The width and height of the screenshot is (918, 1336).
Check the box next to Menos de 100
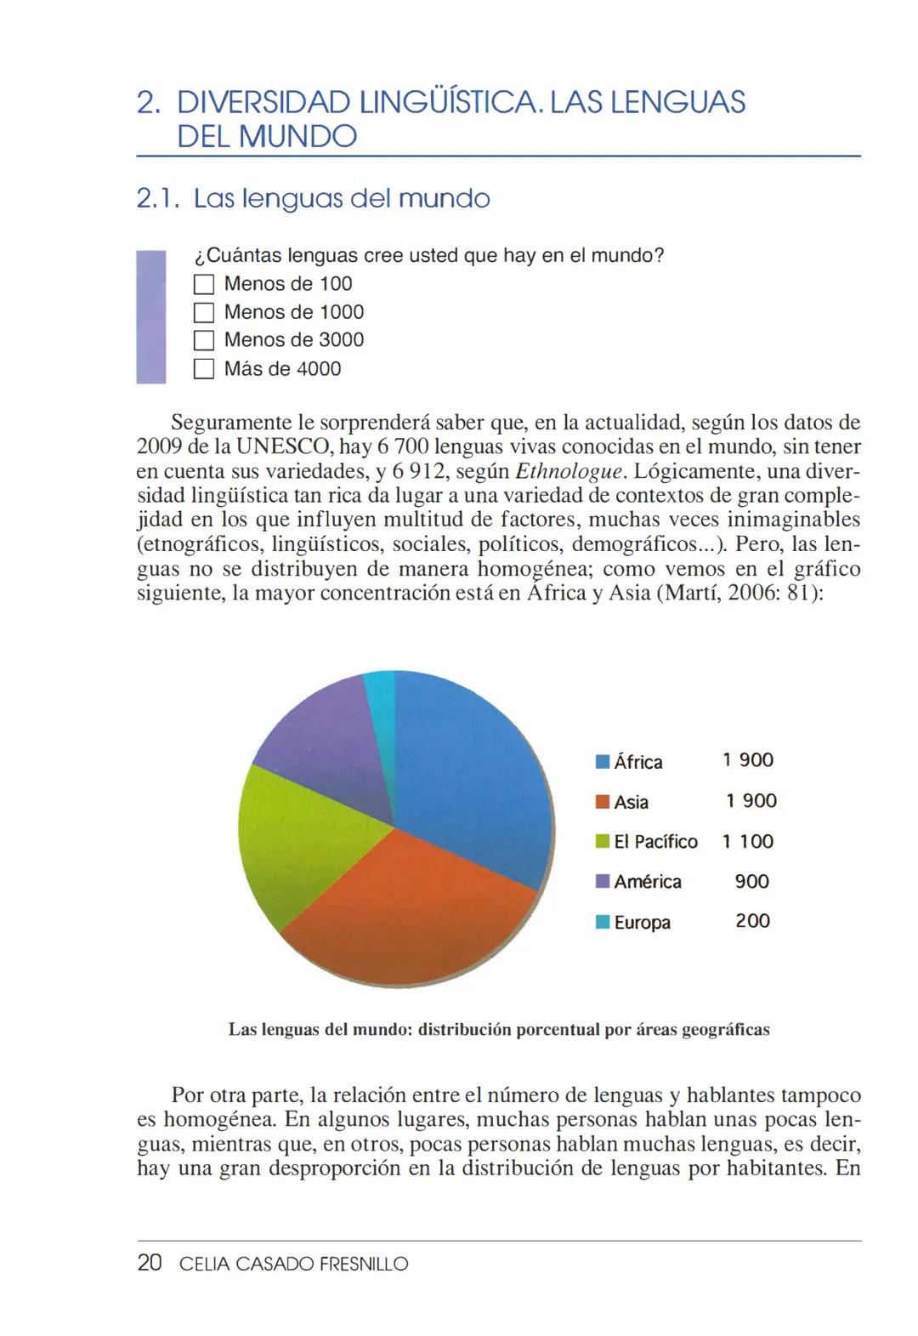click(203, 284)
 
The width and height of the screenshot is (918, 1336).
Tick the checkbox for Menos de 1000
click(203, 312)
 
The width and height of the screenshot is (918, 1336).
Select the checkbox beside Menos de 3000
click(203, 340)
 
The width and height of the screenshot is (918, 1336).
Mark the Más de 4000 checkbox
click(203, 369)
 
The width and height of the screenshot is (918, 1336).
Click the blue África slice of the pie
click(467, 765)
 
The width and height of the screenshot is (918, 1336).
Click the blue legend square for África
click(603, 762)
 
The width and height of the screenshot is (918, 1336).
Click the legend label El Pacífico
click(655, 842)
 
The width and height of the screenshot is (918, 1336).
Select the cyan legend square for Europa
click(603, 922)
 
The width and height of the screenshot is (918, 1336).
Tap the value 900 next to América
click(751, 881)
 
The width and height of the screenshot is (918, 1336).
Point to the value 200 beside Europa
click(752, 921)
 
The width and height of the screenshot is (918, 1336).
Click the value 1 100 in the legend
click(748, 841)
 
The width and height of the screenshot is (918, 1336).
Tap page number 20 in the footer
click(149, 1264)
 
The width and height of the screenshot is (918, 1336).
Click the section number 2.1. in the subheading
click(159, 199)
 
